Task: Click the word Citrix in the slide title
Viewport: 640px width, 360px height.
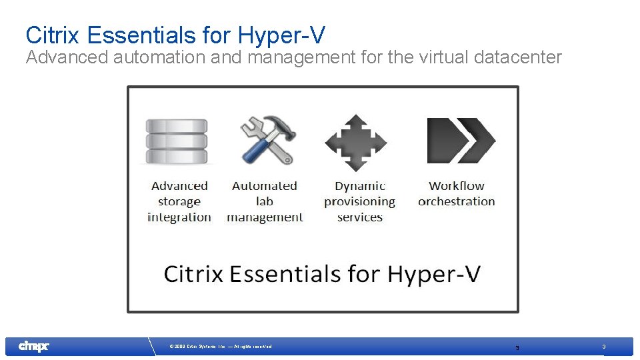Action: (x=53, y=35)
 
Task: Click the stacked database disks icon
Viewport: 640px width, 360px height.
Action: (x=177, y=141)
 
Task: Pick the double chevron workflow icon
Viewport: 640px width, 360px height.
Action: (x=460, y=140)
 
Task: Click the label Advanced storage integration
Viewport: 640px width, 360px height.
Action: (x=179, y=201)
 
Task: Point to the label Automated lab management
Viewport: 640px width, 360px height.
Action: (x=265, y=201)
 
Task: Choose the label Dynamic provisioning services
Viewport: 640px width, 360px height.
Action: (x=360, y=201)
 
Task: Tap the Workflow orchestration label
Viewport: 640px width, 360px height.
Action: (x=457, y=194)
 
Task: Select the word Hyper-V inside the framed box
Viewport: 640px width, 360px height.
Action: (x=434, y=274)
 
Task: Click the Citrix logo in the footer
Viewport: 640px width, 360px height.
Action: (x=33, y=346)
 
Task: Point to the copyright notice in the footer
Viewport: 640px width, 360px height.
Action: (x=221, y=347)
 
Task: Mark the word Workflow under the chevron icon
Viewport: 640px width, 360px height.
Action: (x=457, y=186)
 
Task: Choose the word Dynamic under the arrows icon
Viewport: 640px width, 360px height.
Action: (x=360, y=186)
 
